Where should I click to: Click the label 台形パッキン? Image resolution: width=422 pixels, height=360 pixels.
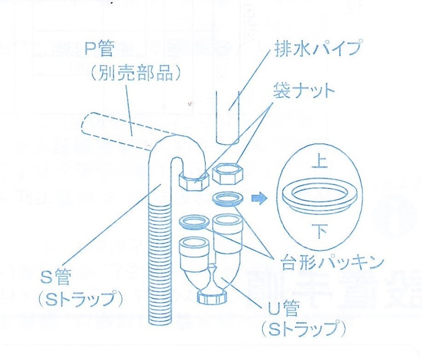coord(332,263)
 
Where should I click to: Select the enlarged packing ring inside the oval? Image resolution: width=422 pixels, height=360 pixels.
coord(318,197)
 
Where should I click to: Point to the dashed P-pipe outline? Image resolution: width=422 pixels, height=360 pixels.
coord(115,129)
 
